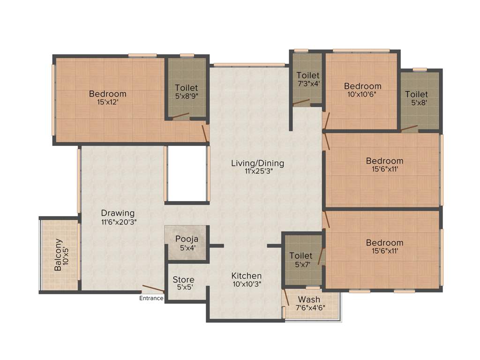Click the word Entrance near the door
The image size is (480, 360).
(x=151, y=298)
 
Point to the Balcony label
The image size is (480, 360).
(x=58, y=255)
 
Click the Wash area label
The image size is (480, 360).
(x=309, y=300)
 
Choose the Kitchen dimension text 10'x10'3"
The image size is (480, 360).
(x=247, y=284)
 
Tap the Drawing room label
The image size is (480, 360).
(x=118, y=213)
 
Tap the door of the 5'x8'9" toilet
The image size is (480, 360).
(x=180, y=115)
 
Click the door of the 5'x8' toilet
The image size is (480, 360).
(x=409, y=127)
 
